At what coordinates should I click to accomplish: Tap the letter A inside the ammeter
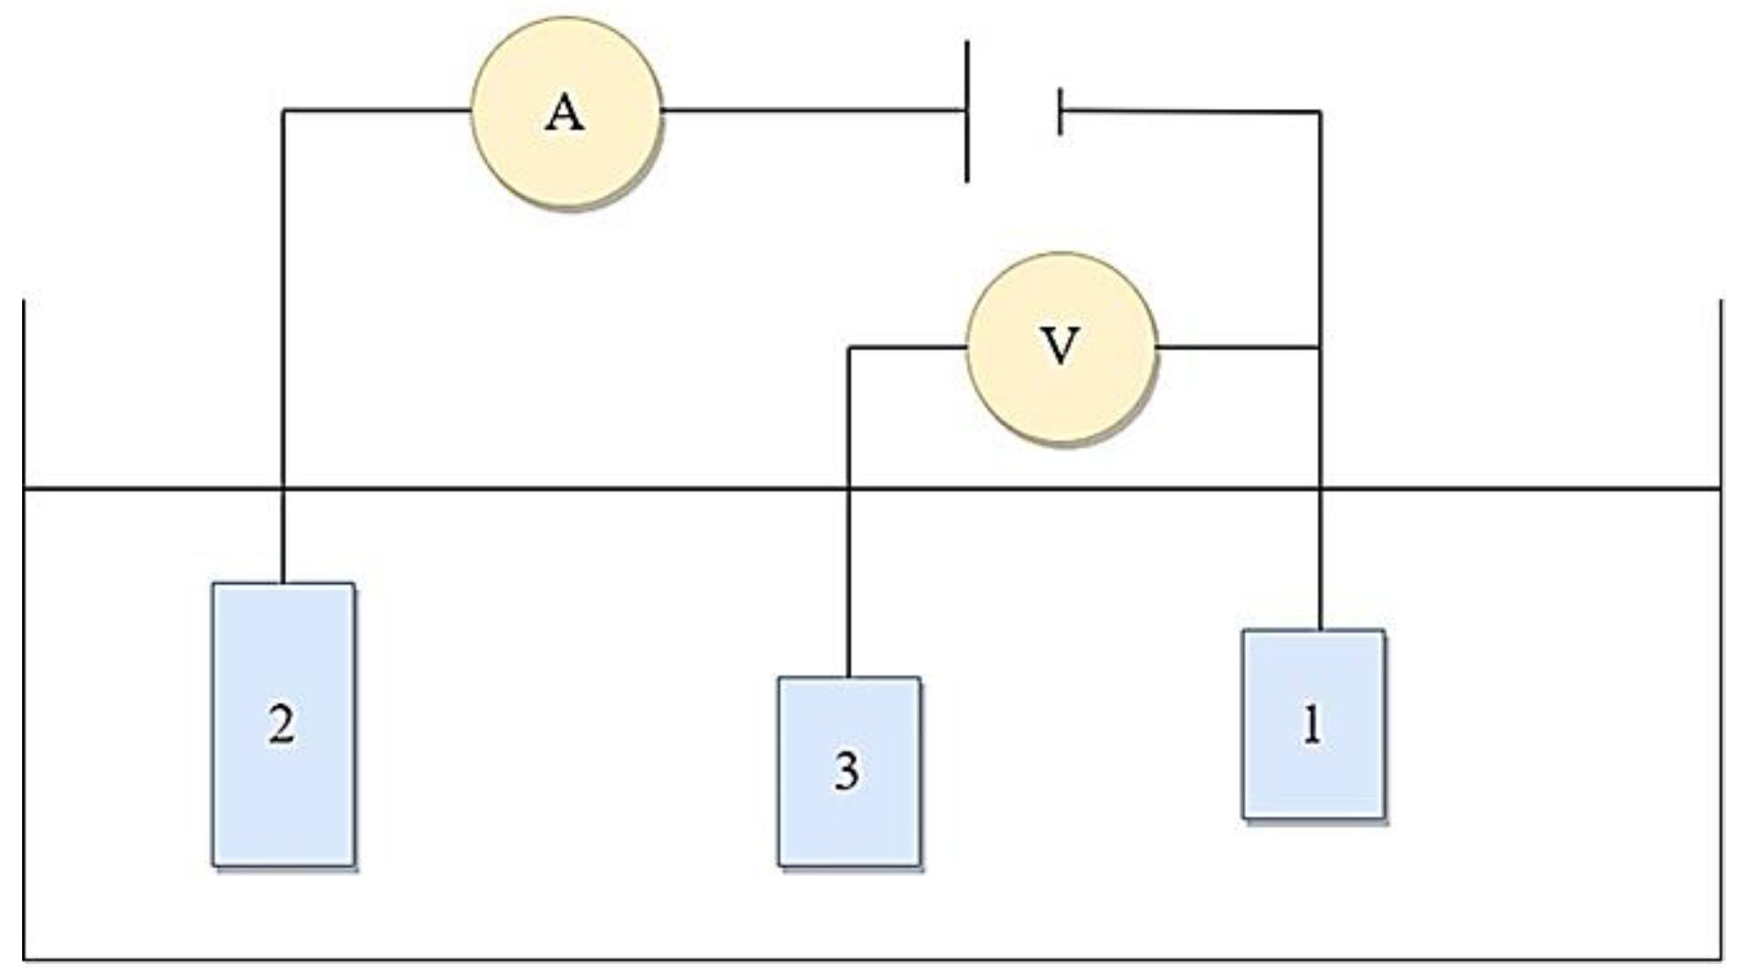coord(565,114)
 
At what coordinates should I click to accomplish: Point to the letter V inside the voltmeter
coord(1060,345)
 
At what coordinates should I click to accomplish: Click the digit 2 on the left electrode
coord(282,724)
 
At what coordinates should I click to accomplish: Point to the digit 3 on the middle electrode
coord(847,770)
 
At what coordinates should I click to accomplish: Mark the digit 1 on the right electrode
coord(1312,724)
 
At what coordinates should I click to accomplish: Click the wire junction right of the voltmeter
coord(1320,348)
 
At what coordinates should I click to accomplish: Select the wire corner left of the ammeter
coord(283,111)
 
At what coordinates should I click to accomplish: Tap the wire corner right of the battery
coord(1320,112)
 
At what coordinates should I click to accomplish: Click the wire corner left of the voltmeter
coord(849,348)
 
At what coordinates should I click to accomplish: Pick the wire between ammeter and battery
coord(814,111)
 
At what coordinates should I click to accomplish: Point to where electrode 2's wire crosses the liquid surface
coord(283,488)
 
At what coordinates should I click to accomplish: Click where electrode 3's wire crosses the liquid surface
coord(849,488)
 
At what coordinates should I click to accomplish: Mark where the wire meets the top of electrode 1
coord(1320,630)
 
